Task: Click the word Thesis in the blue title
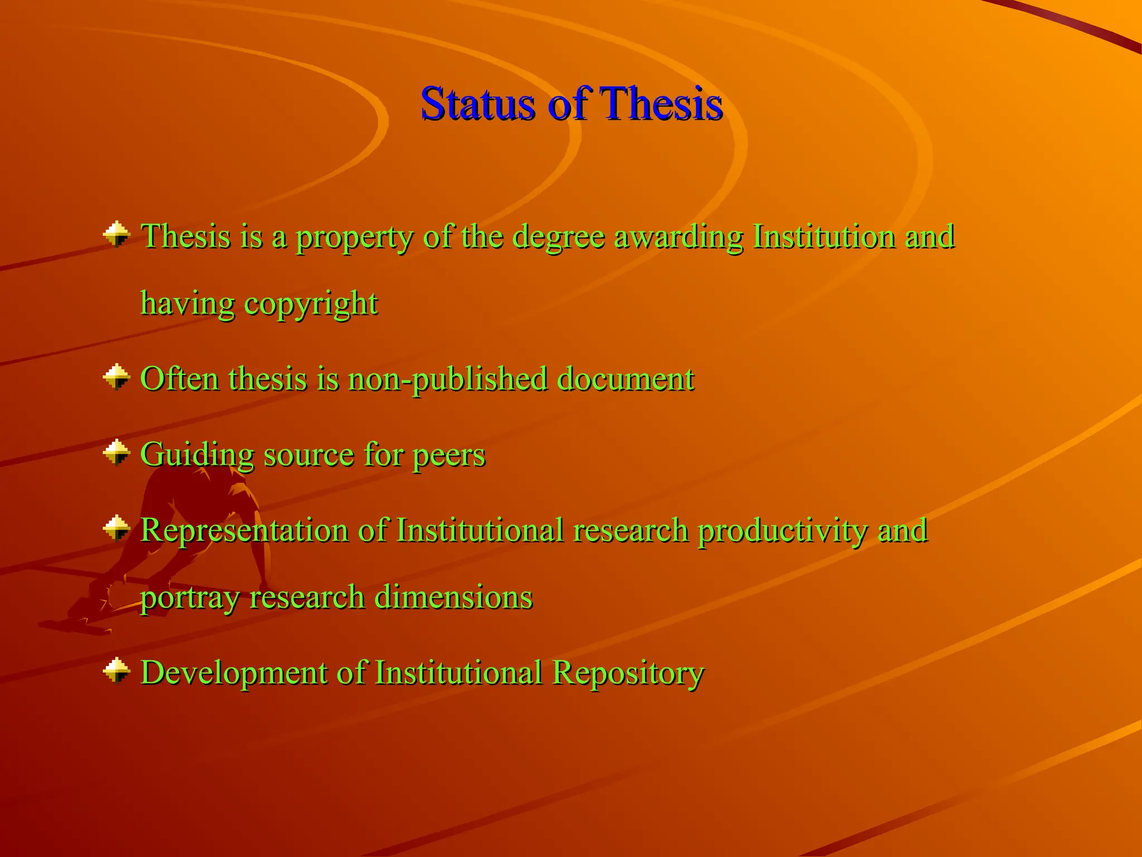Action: [x=661, y=104]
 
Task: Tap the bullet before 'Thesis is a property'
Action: [x=117, y=234]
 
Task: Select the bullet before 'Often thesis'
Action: [x=117, y=377]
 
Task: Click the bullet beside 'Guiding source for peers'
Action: [x=117, y=452]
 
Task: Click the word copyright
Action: [x=311, y=305]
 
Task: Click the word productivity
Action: [x=782, y=531]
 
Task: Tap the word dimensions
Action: [x=453, y=597]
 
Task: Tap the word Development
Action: [x=234, y=673]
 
